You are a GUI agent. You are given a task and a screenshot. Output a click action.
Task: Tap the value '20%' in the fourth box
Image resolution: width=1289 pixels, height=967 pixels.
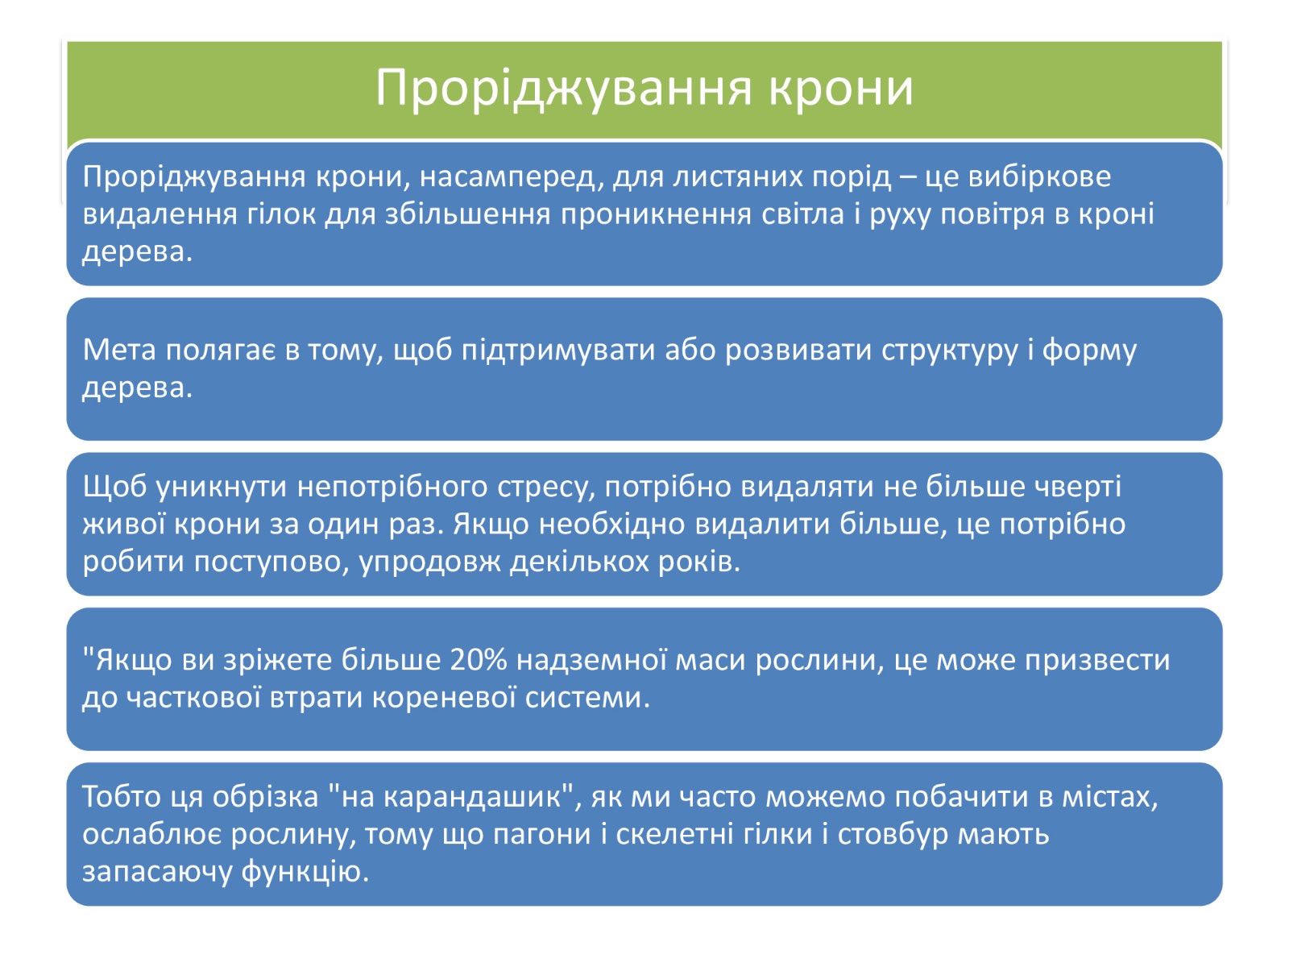479,660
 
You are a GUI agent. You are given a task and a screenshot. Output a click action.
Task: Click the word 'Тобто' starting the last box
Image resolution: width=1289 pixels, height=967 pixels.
120,797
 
